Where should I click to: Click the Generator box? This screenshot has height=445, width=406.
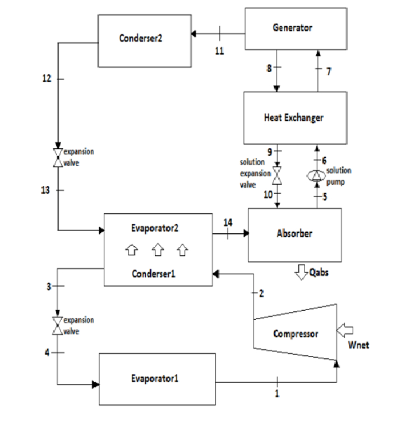tap(292, 27)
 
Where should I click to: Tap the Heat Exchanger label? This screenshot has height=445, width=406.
tap(293, 118)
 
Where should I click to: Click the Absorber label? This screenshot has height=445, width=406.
tap(294, 233)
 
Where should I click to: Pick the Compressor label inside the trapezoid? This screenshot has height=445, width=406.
tap(296, 334)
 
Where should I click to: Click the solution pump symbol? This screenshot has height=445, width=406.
tap(316, 175)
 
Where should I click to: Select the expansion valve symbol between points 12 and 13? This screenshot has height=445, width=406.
tap(58, 157)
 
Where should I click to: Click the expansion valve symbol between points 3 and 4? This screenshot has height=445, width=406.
tap(58, 325)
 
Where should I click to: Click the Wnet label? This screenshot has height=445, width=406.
tap(358, 345)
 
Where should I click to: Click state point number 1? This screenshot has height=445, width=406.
tap(276, 393)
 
